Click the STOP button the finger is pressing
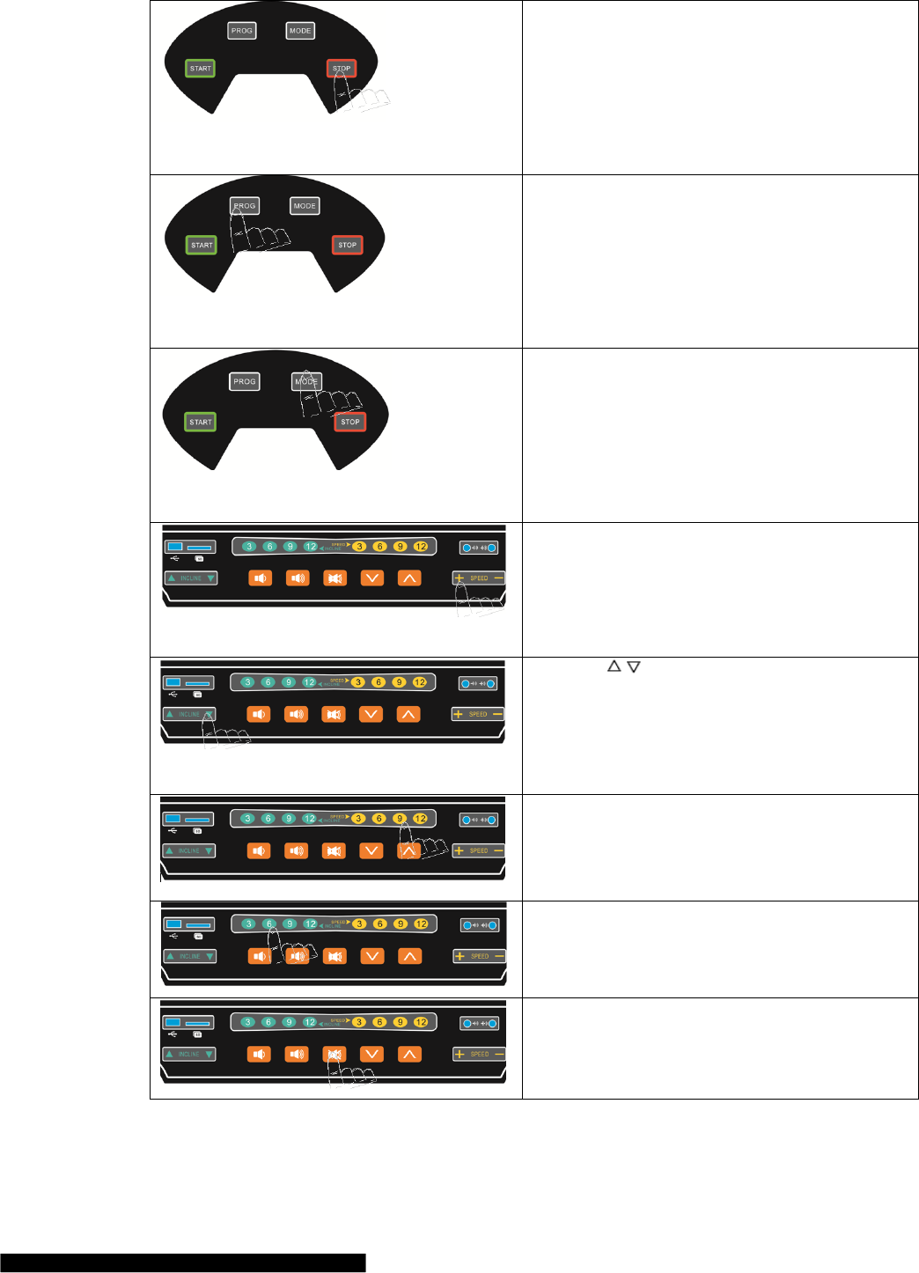coord(342,68)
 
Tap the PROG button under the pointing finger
coord(244,206)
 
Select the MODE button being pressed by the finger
coord(306,381)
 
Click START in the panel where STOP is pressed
coord(201,68)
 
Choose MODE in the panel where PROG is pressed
coord(305,206)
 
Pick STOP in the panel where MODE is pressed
coord(349,422)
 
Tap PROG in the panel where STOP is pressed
coord(241,31)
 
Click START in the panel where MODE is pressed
coord(201,422)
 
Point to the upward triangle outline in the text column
coord(614,666)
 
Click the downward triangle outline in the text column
coord(633,666)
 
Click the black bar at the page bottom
coord(182,1263)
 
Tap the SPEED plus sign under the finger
coord(459,578)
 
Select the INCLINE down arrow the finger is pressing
coord(209,714)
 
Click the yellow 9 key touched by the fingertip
coord(400,819)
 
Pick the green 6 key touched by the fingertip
coord(269,924)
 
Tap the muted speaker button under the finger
coord(334,1054)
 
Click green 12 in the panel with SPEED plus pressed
coord(310,547)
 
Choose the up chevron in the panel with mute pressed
coord(408,1054)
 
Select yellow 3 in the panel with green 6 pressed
coord(359,924)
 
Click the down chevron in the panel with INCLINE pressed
coord(371,714)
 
